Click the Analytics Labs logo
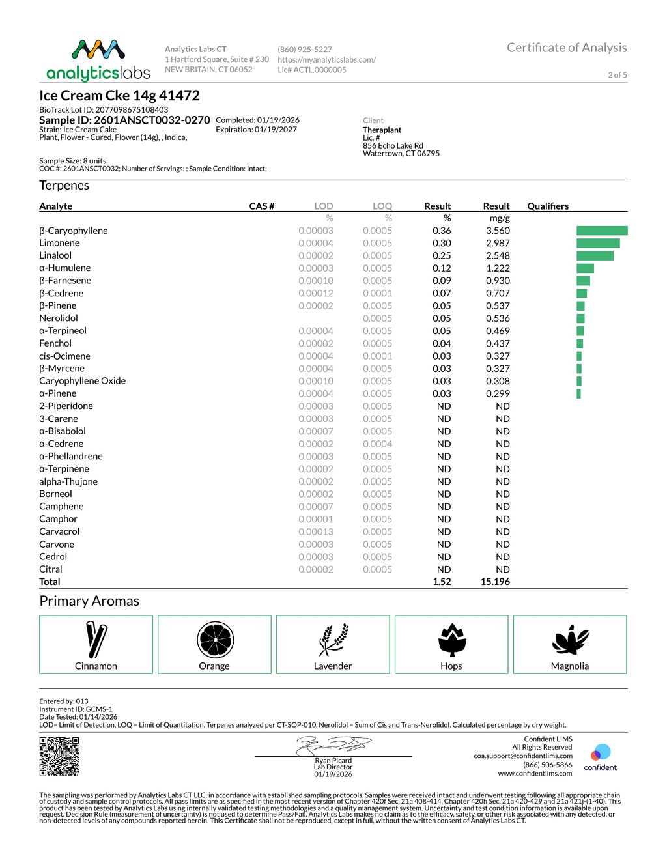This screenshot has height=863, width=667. pos(98,61)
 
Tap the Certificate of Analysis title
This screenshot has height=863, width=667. pos(567,48)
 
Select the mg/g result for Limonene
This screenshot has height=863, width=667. pos(498,243)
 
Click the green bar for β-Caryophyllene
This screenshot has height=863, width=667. pos(602,231)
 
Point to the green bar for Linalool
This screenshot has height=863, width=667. pos(595,255)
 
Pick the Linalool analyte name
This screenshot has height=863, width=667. pos(55,255)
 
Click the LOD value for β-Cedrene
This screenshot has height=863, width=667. pos(316,293)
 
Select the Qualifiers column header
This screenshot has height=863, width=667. pos(548,206)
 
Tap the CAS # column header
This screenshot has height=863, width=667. pos(262,206)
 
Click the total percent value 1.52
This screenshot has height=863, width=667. pos(442,582)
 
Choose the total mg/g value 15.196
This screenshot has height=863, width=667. pos(495,582)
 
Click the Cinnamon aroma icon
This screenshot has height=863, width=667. pos(96,640)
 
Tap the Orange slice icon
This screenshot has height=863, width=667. pos(215,640)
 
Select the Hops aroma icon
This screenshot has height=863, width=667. pos(451,640)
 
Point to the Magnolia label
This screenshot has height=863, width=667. pos(570,666)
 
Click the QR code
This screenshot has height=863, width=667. pos(59,756)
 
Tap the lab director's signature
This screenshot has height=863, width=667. pos(333,744)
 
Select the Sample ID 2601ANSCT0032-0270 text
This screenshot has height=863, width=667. pos(124,120)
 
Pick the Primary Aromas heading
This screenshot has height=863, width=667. pos(89,601)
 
